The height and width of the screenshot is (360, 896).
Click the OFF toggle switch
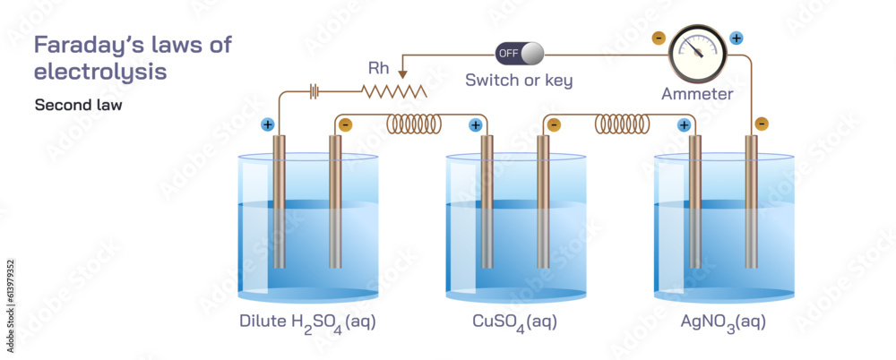point(519,54)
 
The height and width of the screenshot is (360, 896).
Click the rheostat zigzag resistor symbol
point(394,90)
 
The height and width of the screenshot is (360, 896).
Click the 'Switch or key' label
point(519,81)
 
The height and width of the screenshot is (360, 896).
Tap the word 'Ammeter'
point(697,93)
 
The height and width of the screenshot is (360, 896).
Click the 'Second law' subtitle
point(79,105)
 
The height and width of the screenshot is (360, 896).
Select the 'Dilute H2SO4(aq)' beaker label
point(307,321)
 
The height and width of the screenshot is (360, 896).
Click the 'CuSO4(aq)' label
point(515,321)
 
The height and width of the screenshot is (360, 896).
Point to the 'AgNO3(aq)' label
point(723,321)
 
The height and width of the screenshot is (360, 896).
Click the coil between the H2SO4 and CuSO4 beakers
point(414,124)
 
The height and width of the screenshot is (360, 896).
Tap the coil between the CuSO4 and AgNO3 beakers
point(622,124)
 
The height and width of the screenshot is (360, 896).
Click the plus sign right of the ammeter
point(737,39)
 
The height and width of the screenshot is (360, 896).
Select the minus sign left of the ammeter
point(659,39)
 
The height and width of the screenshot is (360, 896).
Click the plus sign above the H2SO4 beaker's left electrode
point(267,124)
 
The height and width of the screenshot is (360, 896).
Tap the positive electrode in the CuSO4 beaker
point(487,201)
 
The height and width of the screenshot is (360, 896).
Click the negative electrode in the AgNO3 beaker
point(751,201)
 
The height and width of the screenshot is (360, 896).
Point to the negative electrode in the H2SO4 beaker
point(335,201)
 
